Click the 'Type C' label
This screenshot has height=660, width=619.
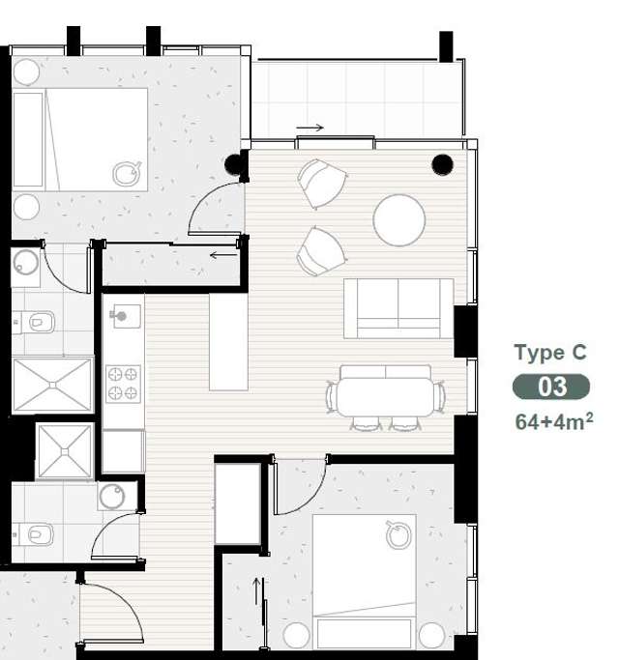(x=549, y=353)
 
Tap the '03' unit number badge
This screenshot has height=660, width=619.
(x=551, y=387)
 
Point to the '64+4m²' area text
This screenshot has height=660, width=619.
(x=553, y=420)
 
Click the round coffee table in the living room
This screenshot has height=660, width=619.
(x=398, y=220)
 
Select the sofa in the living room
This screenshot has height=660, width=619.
(x=398, y=307)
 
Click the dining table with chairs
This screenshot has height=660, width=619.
(x=385, y=394)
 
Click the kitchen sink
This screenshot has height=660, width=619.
(x=125, y=316)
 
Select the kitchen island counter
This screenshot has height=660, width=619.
(x=228, y=341)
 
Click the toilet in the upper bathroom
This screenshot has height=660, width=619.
(x=40, y=322)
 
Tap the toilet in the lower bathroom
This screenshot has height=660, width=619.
(x=39, y=532)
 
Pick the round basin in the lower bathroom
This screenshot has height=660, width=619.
(x=112, y=497)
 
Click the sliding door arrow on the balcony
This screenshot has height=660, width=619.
(x=309, y=128)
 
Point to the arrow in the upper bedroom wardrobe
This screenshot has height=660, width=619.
(x=222, y=255)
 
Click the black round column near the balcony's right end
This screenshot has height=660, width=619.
(x=442, y=164)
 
